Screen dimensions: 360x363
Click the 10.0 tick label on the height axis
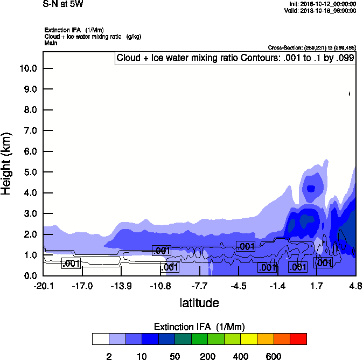point(27,68)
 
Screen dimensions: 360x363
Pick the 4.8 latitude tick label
point(355,286)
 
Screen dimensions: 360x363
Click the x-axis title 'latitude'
point(199,303)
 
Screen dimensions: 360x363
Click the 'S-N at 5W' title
point(63,4)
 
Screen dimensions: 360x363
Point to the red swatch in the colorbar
point(298,339)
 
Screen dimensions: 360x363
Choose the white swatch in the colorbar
point(100,339)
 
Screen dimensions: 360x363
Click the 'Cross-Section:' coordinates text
point(312,48)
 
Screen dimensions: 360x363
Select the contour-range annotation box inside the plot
point(235,58)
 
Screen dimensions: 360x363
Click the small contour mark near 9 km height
point(350,94)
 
